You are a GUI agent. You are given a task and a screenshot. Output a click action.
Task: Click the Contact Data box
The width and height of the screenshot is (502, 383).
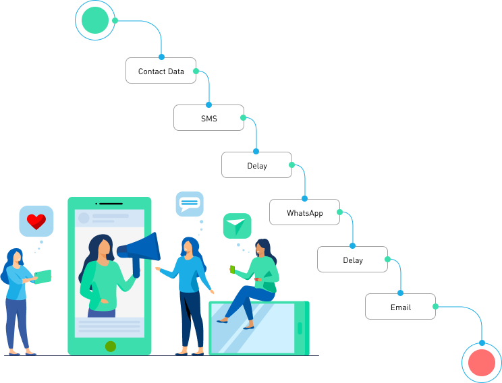click(161, 71)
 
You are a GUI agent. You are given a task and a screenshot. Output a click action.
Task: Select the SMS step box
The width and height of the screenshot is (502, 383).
click(208, 118)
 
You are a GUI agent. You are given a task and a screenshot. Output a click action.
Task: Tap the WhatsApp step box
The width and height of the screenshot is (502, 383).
click(304, 212)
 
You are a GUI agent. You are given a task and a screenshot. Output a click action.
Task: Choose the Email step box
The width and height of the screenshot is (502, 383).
click(400, 307)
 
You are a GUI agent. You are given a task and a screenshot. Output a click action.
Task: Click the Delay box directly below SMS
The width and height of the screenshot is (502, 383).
click(256, 165)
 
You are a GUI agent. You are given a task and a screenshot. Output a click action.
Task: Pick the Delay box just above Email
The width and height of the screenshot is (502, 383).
click(352, 260)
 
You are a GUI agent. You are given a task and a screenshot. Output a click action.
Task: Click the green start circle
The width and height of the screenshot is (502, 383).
click(94, 20)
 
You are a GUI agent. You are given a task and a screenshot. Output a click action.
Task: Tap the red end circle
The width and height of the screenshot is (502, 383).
click(482, 363)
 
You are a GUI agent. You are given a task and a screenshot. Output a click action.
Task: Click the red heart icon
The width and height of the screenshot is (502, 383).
click(36, 221)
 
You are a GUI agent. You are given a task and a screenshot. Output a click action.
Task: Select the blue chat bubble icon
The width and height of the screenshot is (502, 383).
click(190, 203)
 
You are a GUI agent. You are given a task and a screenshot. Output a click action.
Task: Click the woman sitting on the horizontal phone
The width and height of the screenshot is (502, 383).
click(255, 280)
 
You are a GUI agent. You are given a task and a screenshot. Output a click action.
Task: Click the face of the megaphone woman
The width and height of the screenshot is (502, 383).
click(105, 248)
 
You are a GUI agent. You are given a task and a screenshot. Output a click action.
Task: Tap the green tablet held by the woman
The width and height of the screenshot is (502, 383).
click(43, 276)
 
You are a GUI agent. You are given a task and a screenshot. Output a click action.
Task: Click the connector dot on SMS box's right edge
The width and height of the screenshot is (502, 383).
click(244, 118)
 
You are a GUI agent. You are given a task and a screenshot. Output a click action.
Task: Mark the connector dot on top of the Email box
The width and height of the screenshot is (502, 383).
click(400, 293)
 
